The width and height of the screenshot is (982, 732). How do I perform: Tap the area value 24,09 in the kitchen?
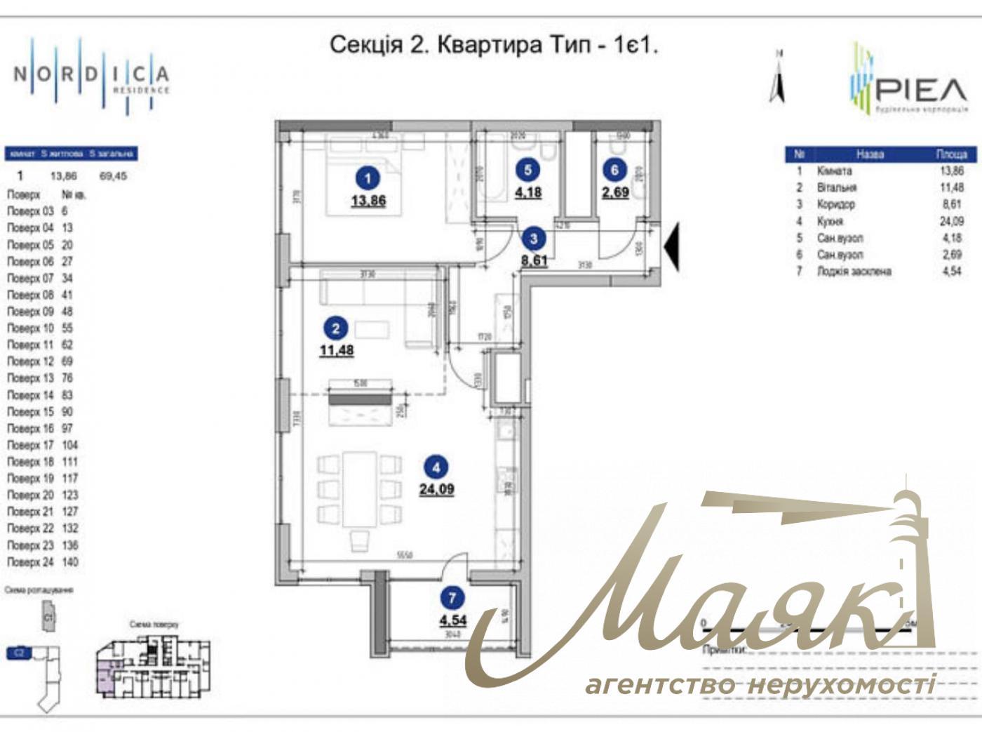click(x=436, y=489)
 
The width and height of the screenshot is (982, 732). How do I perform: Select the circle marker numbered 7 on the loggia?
click(x=452, y=598)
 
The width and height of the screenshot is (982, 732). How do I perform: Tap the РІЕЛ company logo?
click(x=909, y=81)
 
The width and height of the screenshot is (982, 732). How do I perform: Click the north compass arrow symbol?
click(x=777, y=79)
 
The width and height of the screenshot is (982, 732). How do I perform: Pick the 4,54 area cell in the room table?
click(x=950, y=271)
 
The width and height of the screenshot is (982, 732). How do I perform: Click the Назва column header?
click(x=870, y=154)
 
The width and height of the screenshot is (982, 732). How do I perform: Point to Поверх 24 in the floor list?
click(x=30, y=562)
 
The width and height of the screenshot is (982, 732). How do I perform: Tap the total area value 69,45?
click(x=113, y=176)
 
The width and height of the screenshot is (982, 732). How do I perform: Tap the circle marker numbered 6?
click(x=614, y=170)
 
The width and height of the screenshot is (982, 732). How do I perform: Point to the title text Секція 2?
click(x=365, y=46)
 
